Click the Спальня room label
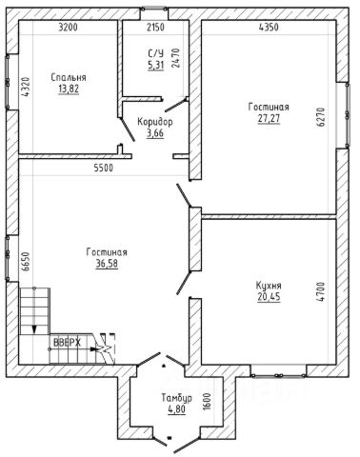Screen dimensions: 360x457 pyautogui.click(x=69, y=77)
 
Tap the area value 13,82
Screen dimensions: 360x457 pyautogui.click(x=69, y=89)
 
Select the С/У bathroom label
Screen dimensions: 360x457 pyautogui.click(x=155, y=53)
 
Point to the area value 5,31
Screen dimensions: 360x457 pyautogui.click(x=155, y=65)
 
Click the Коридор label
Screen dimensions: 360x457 pyautogui.click(x=155, y=122)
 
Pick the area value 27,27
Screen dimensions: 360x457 pyautogui.click(x=269, y=118)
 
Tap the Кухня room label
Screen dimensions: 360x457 pyautogui.click(x=269, y=286)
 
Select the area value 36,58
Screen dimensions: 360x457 pyautogui.click(x=107, y=264)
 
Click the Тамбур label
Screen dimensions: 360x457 pyautogui.click(x=176, y=398)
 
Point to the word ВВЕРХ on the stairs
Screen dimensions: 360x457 pyautogui.click(x=67, y=343)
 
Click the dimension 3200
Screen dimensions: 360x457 pyautogui.click(x=68, y=28)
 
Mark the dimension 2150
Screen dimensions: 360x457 pyautogui.click(x=155, y=28)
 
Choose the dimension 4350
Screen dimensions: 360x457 pyautogui.click(x=269, y=28)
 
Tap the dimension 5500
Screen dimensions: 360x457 pyautogui.click(x=104, y=168)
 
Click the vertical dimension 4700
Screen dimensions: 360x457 pyautogui.click(x=321, y=291)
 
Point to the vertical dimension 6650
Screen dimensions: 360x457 pyautogui.click(x=26, y=261)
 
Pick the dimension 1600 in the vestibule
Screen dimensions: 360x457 pyautogui.click(x=207, y=402)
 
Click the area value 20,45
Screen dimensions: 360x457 pyautogui.click(x=269, y=297)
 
